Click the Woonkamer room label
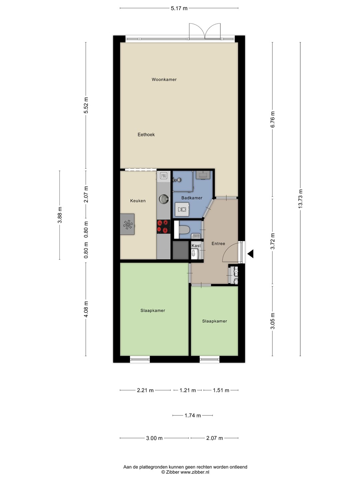tap(164, 79)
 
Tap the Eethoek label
tap(146, 134)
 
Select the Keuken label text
tap(138, 201)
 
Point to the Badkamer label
tap(192, 198)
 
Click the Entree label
tap(218, 243)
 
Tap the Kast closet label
tap(196, 246)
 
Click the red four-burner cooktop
tap(163, 226)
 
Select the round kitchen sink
tap(164, 199)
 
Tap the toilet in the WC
tap(184, 230)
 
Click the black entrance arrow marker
tap(250, 254)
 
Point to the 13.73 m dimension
tap(300, 199)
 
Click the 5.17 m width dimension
tap(179, 8)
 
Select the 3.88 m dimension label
tap(60, 215)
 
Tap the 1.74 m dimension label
tap(193, 415)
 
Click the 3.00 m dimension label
tap(154, 438)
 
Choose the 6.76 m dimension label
tap(273, 119)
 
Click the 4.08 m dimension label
tap(86, 309)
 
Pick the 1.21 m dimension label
tap(188, 390)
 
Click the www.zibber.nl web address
tap(195, 472)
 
